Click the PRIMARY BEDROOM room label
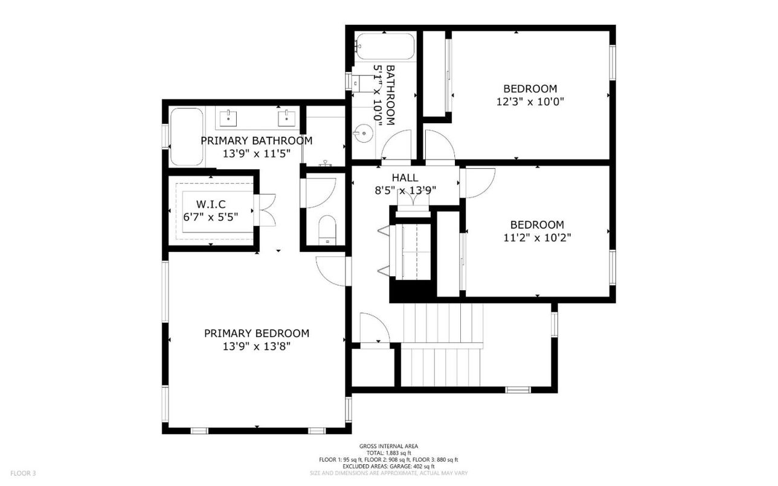click(256, 333)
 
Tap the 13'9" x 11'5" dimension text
click(256, 154)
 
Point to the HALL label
click(405, 177)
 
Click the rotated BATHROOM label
click(390, 95)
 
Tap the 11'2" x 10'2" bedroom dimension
click(536, 238)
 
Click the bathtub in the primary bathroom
click(186, 137)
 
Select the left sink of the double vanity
click(228, 117)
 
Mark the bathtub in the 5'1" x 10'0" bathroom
click(384, 46)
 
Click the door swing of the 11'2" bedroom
click(477, 183)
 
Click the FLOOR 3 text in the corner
click(23, 473)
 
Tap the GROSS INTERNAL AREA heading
click(388, 446)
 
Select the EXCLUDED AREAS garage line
click(388, 466)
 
